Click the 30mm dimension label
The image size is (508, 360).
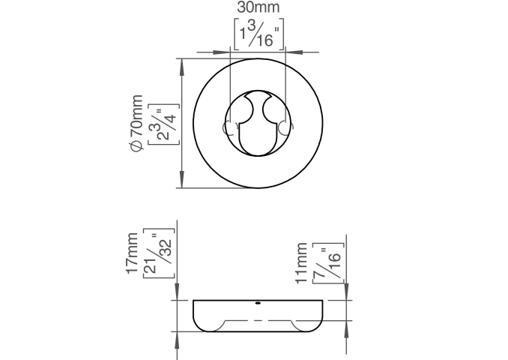click(258, 7)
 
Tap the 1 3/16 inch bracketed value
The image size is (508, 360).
click(258, 34)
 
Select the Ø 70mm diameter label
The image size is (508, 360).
click(136, 123)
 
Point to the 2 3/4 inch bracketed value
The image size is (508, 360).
click(163, 124)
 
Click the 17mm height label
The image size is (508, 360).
click(132, 253)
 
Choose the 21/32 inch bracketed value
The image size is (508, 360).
click(159, 253)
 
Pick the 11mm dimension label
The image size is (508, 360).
click(301, 263)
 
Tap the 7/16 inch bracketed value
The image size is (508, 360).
click(328, 263)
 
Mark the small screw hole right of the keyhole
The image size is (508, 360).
click(285, 127)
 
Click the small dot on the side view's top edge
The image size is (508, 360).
click(258, 303)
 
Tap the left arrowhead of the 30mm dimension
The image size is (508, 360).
click(220, 52)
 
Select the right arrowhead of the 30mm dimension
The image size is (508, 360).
click(294, 52)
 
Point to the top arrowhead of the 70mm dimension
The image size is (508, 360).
click(182, 67)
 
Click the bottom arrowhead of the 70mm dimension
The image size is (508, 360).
click(182, 179)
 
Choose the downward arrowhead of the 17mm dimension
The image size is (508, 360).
click(178, 292)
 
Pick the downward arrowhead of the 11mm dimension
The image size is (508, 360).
click(346, 292)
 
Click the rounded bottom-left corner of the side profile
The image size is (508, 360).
click(198, 326)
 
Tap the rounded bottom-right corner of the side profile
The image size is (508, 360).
click(318, 326)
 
